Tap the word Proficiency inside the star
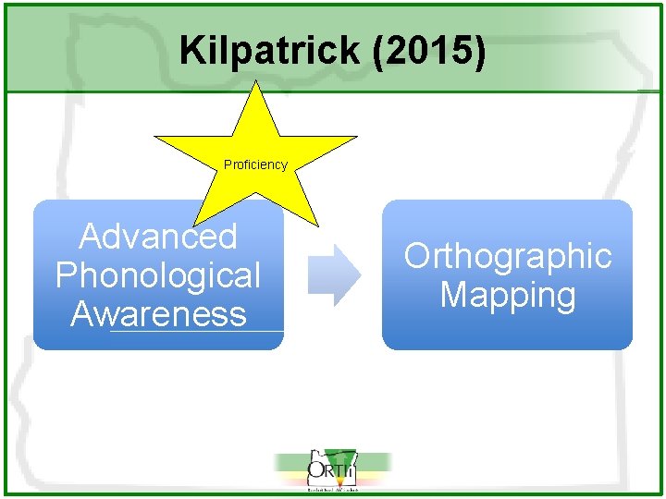tap(255, 164)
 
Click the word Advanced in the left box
tap(158, 237)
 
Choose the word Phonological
tap(158, 275)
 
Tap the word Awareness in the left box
tap(158, 314)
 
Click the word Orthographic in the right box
tap(508, 256)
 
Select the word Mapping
tap(508, 295)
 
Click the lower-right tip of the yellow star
tap(314, 224)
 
